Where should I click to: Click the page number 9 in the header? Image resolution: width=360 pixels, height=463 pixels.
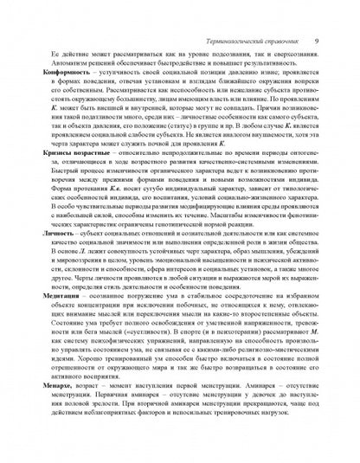(x=318, y=17)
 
